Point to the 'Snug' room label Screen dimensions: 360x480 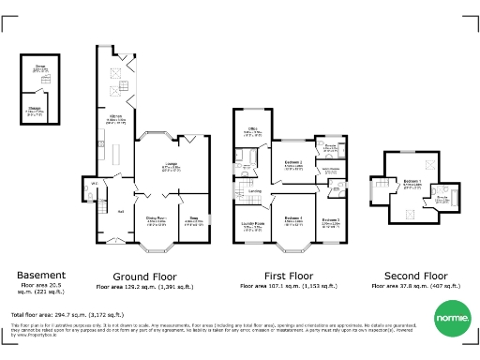pos(194,220)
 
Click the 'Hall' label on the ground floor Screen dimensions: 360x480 pos(121,211)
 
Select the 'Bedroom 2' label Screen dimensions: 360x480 pos(292,164)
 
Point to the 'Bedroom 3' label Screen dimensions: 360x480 pos(330,220)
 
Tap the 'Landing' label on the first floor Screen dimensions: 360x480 pos(255,190)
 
